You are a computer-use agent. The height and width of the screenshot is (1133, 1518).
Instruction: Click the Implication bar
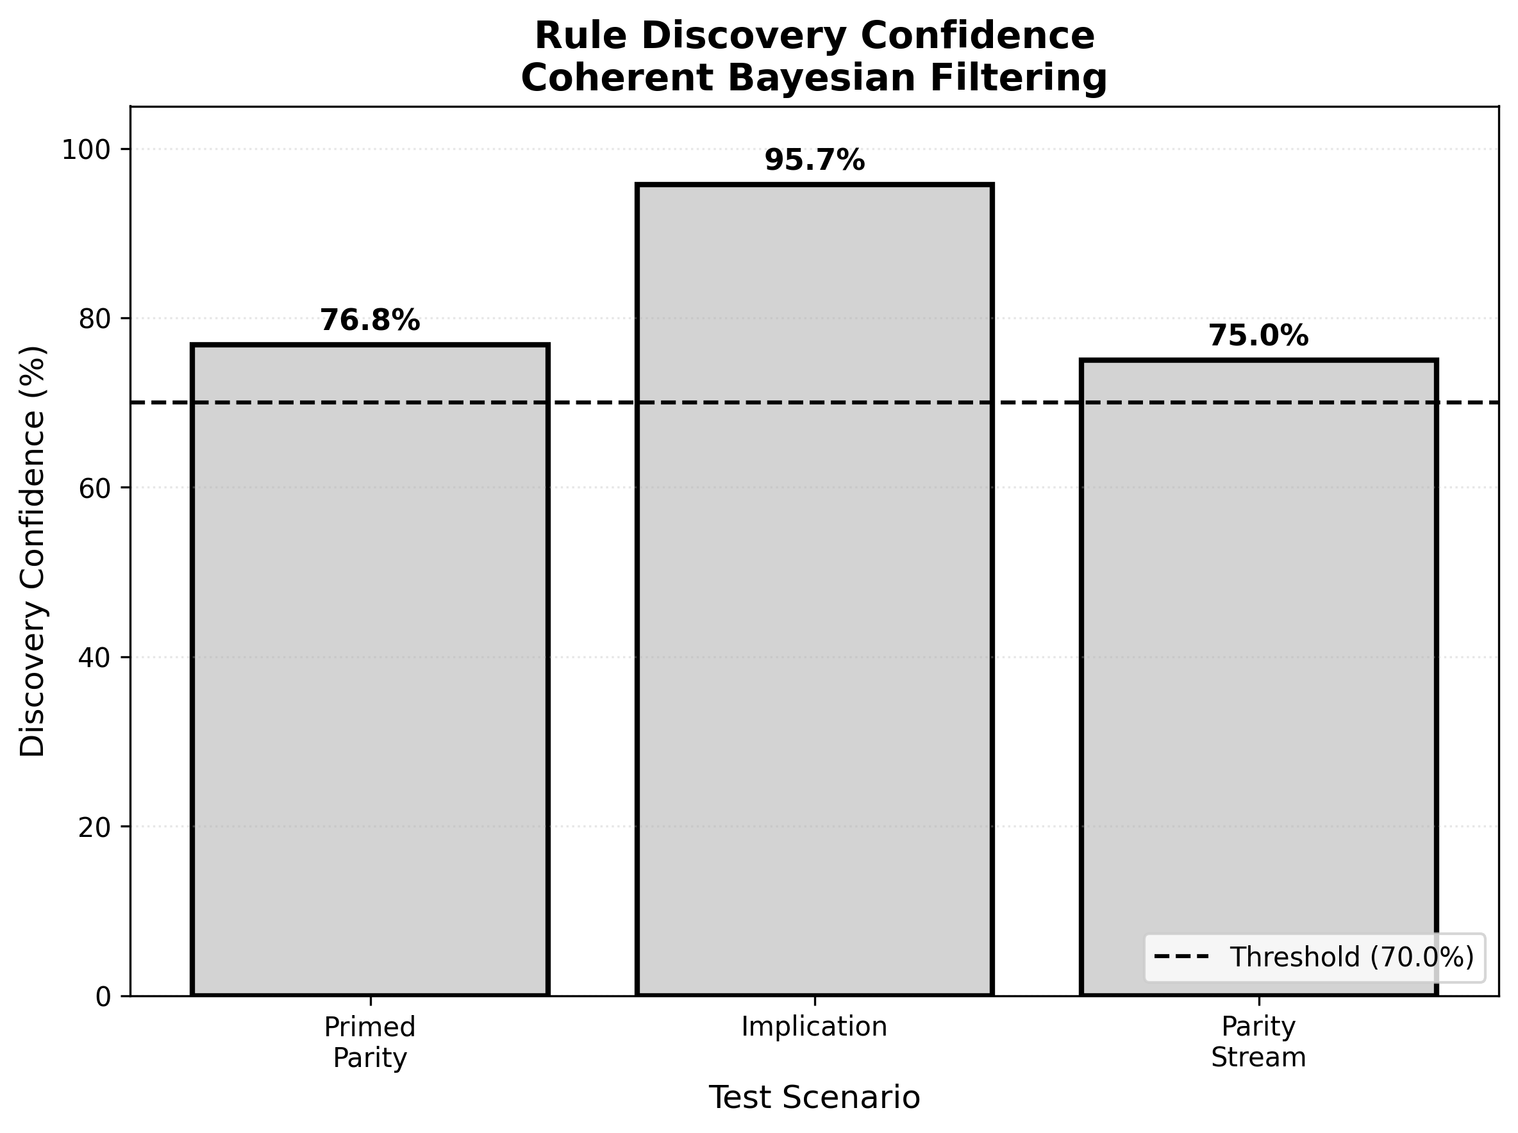[814, 590]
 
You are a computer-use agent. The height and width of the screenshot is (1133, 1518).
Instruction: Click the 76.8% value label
[370, 320]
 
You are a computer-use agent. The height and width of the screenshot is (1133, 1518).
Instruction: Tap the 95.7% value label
[814, 160]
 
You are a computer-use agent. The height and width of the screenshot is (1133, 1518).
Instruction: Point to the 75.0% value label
[1258, 336]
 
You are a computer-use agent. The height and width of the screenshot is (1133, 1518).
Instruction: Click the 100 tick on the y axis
[87, 150]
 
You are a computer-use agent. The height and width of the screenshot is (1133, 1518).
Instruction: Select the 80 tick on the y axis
[95, 319]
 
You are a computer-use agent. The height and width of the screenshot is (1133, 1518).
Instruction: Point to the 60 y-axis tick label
[95, 488]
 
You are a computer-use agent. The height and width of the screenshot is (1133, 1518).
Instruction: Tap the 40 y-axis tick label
[95, 657]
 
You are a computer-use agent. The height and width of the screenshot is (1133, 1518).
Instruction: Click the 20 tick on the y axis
[95, 827]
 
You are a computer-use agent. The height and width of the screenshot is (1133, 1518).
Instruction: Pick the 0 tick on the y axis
[103, 997]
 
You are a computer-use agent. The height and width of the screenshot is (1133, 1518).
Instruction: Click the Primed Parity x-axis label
[370, 1042]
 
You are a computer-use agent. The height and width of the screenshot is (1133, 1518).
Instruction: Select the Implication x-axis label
[814, 1027]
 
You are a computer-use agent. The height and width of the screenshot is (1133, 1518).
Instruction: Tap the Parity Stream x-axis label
[1258, 1042]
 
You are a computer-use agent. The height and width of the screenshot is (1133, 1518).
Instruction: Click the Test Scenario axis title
[814, 1097]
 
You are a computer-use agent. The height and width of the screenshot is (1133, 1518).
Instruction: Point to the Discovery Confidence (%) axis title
[33, 550]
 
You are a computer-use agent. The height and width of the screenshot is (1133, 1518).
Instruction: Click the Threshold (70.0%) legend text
[1351, 957]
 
